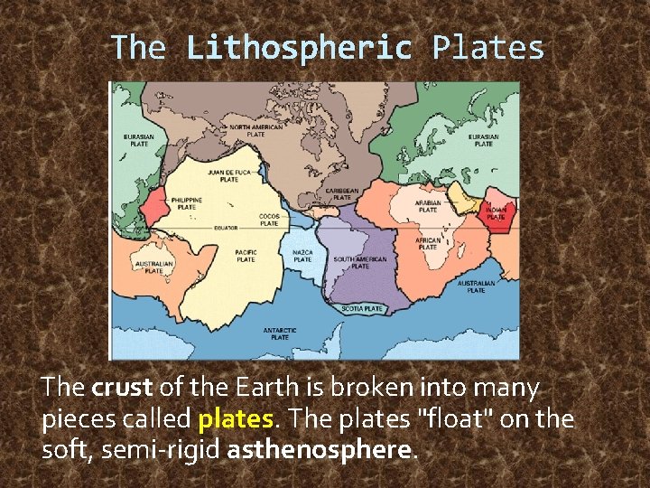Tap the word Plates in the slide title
pyautogui.click(x=488, y=48)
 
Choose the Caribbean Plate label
pyautogui.click(x=342, y=194)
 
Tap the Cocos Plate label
pyautogui.click(x=269, y=220)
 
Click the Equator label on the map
pyautogui.click(x=225, y=228)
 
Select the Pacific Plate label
pyautogui.click(x=246, y=256)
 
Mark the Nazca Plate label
pyautogui.click(x=303, y=256)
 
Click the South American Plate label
pyautogui.click(x=359, y=262)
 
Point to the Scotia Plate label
pyautogui.click(x=362, y=309)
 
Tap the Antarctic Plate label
pyautogui.click(x=280, y=333)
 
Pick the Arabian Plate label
pyautogui.click(x=428, y=207)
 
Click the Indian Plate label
pyautogui.click(x=496, y=213)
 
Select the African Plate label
pyautogui.click(x=428, y=244)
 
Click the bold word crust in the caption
pyautogui.click(x=122, y=389)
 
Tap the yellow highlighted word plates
pyautogui.click(x=235, y=419)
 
